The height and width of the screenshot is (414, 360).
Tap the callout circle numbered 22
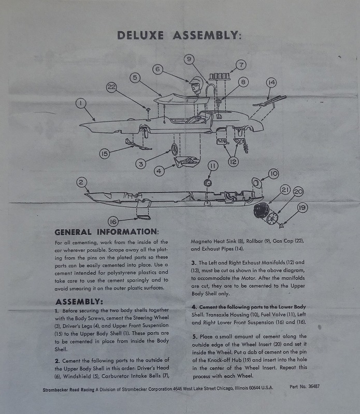(x=112, y=87)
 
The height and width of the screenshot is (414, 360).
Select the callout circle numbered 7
(x=241, y=65)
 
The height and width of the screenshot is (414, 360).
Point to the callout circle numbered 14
(x=271, y=83)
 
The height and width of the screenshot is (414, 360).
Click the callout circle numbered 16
(x=114, y=221)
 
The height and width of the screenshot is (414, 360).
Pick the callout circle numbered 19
(x=302, y=208)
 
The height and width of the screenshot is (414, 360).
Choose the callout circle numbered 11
(x=213, y=166)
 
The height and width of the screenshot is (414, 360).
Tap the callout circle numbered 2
(x=81, y=182)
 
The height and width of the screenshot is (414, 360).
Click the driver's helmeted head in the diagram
(x=195, y=85)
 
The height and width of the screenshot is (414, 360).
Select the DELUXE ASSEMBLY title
(x=179, y=35)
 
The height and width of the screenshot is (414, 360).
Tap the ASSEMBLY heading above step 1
(x=79, y=301)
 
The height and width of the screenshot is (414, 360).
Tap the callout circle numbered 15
(x=105, y=154)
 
